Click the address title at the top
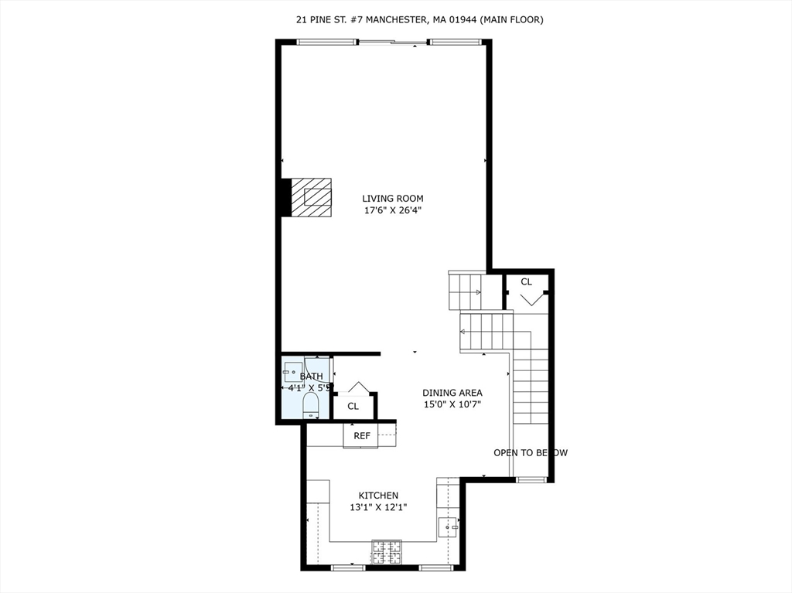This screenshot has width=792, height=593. [419, 19]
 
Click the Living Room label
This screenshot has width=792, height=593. [393, 198]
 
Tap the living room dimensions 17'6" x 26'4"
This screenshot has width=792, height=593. [393, 210]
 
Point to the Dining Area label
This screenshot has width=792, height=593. [452, 392]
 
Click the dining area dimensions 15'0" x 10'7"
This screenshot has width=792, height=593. [452, 404]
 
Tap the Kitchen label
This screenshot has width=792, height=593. [378, 495]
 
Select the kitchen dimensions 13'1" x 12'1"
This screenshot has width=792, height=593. [378, 507]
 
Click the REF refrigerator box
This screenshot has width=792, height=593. [362, 435]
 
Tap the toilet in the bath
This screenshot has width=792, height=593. [310, 405]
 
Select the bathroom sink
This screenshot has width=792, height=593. [293, 370]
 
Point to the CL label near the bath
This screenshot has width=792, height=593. [353, 406]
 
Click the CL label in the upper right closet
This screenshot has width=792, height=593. [526, 282]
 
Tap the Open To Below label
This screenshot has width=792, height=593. [531, 452]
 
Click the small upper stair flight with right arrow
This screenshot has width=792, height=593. [466, 291]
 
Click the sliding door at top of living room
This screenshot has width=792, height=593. [394, 43]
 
